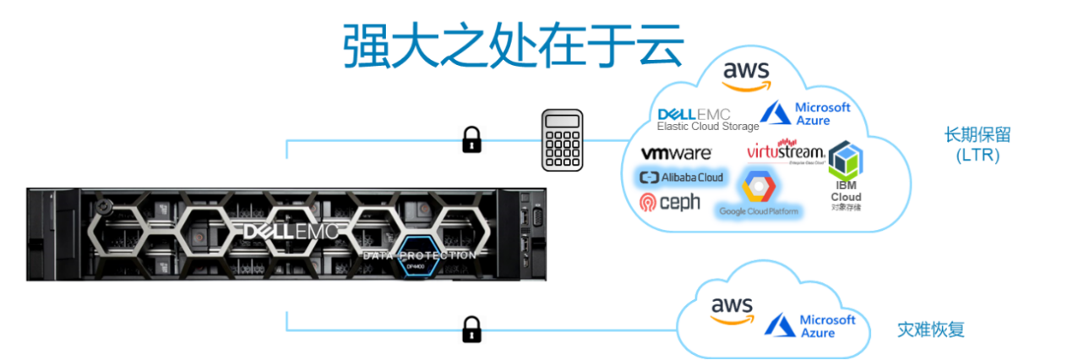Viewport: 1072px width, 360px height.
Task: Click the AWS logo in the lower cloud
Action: coord(732,310)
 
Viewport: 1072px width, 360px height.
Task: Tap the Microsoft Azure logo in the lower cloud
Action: coord(810,325)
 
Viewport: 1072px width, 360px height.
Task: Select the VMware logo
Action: coord(676,154)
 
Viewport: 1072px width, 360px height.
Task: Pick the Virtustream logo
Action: coord(786,152)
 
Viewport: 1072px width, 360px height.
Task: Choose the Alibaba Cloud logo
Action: coord(681,177)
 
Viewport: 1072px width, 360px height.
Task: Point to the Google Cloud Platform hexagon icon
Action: coord(758,186)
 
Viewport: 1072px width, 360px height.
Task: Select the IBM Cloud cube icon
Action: coord(844,161)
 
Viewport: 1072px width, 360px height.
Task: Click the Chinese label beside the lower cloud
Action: coord(930,330)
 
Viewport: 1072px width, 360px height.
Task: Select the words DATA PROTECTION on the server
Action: coord(418,254)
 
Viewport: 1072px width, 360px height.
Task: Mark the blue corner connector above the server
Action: coord(288,149)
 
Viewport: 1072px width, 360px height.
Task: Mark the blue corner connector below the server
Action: coord(288,321)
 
